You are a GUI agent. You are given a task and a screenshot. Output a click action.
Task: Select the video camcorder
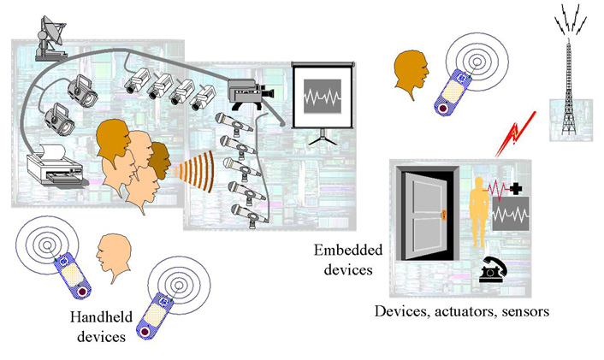click(x=250, y=89)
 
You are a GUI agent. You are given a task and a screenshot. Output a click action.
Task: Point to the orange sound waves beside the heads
click(x=187, y=168)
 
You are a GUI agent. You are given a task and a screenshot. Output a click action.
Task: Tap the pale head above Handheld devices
click(x=112, y=257)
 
